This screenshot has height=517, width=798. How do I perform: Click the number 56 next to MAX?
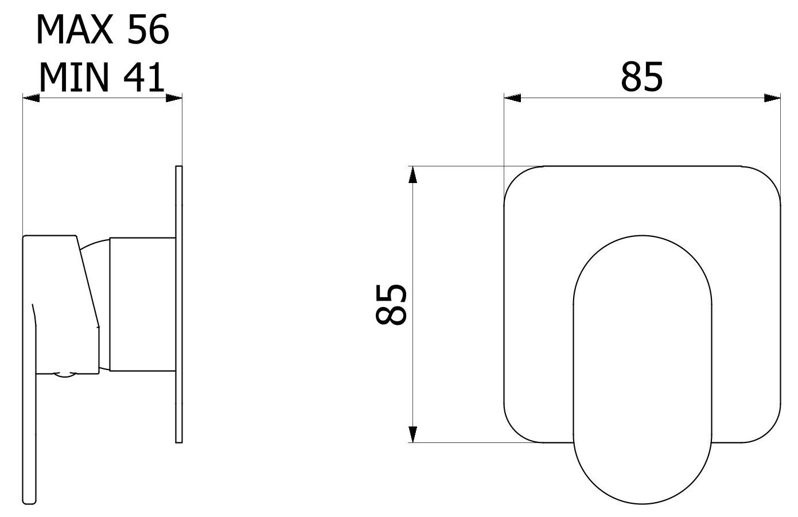(148, 30)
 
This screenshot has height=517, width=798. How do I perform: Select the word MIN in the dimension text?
(73, 77)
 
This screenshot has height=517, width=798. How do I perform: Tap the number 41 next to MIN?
(142, 77)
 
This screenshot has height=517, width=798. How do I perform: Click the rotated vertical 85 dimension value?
(392, 304)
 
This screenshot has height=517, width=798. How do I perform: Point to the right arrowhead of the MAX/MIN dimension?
(173, 98)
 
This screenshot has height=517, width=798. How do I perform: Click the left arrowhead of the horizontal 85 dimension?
(512, 98)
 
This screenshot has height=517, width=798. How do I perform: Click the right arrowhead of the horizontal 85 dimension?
(773, 98)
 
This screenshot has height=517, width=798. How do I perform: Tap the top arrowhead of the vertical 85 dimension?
(411, 175)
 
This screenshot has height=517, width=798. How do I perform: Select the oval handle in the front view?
(643, 367)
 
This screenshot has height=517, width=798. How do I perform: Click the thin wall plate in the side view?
(178, 304)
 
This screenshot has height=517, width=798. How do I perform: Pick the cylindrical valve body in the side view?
(142, 304)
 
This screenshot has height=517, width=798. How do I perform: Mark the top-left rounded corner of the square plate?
(519, 181)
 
